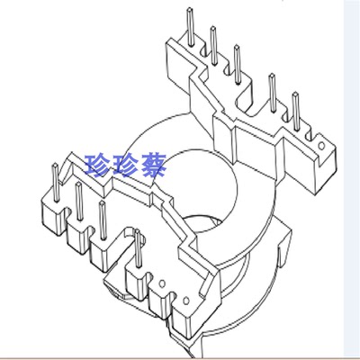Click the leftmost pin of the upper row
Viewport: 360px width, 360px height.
pyautogui.click(x=190, y=27)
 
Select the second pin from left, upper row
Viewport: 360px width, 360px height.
pyautogui.click(x=213, y=46)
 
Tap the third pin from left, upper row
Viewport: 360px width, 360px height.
pyautogui.click(x=237, y=64)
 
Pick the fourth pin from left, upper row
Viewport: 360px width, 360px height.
pyautogui.click(x=273, y=93)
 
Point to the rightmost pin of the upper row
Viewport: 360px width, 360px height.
pyautogui.click(x=296, y=112)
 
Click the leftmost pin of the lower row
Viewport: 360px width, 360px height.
pyautogui.click(x=56, y=182)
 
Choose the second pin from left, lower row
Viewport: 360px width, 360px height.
pyautogui.click(x=79, y=201)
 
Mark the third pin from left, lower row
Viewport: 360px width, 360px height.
pyautogui.click(x=103, y=220)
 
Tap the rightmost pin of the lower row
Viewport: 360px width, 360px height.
pyautogui.click(x=138, y=248)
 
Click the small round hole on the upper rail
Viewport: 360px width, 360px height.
pyautogui.click(x=321, y=146)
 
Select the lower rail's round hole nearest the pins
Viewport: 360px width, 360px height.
pyautogui.click(x=162, y=283)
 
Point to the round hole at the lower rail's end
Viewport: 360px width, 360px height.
pyautogui.click(x=185, y=301)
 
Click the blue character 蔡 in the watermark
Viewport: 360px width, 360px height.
pyautogui.click(x=152, y=166)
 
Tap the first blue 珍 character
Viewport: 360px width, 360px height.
pyautogui.click(x=97, y=166)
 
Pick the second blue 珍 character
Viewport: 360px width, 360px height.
pyautogui.click(x=125, y=166)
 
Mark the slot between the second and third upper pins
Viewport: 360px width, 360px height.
pyautogui.click(x=227, y=69)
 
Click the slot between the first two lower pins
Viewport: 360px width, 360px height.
pyautogui.click(x=67, y=211)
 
